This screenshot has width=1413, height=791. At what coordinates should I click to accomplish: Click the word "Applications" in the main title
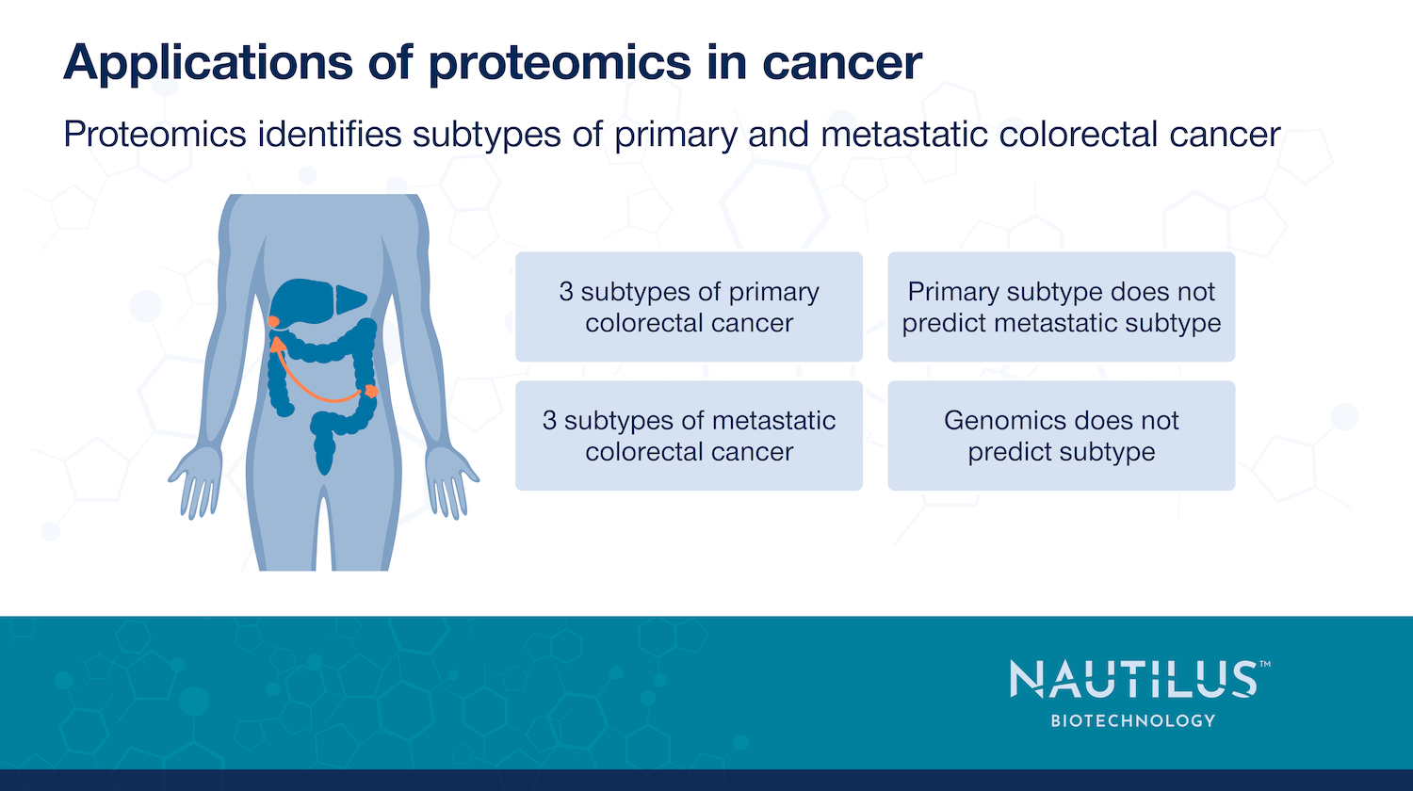[208, 64]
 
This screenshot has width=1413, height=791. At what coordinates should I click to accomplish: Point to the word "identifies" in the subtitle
[330, 135]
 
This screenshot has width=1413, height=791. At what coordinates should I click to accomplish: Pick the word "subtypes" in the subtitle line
[487, 136]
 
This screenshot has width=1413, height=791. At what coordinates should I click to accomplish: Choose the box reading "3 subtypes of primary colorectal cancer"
[689, 307]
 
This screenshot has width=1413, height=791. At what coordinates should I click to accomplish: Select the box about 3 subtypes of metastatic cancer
[689, 435]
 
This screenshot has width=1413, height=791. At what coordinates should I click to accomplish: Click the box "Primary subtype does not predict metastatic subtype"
[1061, 307]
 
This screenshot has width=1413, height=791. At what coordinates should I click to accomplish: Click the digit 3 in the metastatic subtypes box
[549, 421]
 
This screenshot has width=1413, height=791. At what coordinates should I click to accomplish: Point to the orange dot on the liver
[273, 322]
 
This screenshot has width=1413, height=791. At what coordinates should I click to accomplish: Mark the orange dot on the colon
[371, 392]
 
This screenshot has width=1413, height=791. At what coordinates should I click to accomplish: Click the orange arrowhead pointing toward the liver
[277, 344]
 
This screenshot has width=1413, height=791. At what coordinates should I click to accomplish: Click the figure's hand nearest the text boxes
[450, 480]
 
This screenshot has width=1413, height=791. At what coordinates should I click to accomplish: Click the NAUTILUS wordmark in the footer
[1133, 679]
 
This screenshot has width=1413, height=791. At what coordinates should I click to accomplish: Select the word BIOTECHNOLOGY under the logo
[1133, 720]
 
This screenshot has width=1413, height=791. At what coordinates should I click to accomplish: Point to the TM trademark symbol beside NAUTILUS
[1265, 664]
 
